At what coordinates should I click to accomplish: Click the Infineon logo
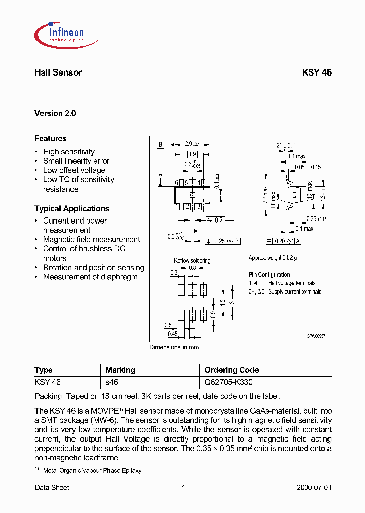[x=59, y=33]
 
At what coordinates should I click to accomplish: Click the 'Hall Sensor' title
[x=58, y=72]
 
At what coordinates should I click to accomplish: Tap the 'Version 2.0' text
[x=55, y=113]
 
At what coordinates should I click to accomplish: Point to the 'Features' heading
[x=50, y=138]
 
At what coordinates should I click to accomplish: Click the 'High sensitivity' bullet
[x=68, y=152]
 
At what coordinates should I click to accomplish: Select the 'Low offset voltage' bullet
[x=74, y=170]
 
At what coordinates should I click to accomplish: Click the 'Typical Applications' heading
[x=72, y=208]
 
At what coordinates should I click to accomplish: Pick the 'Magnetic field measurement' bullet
[x=91, y=239]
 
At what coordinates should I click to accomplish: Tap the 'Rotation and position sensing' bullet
[x=93, y=267]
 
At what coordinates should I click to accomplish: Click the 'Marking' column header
[x=120, y=370]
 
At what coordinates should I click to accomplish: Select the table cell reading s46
[x=112, y=382]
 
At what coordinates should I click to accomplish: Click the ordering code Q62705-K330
[x=228, y=382]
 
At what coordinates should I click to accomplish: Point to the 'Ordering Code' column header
[x=231, y=370]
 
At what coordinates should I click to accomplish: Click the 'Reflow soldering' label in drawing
[x=192, y=260]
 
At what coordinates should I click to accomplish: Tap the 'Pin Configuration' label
[x=269, y=275]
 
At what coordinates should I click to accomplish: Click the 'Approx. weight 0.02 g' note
[x=273, y=258]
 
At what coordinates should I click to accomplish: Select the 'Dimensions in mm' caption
[x=174, y=347]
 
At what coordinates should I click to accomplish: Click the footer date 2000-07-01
[x=313, y=487]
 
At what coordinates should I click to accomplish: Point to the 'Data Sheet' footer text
[x=52, y=487]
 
